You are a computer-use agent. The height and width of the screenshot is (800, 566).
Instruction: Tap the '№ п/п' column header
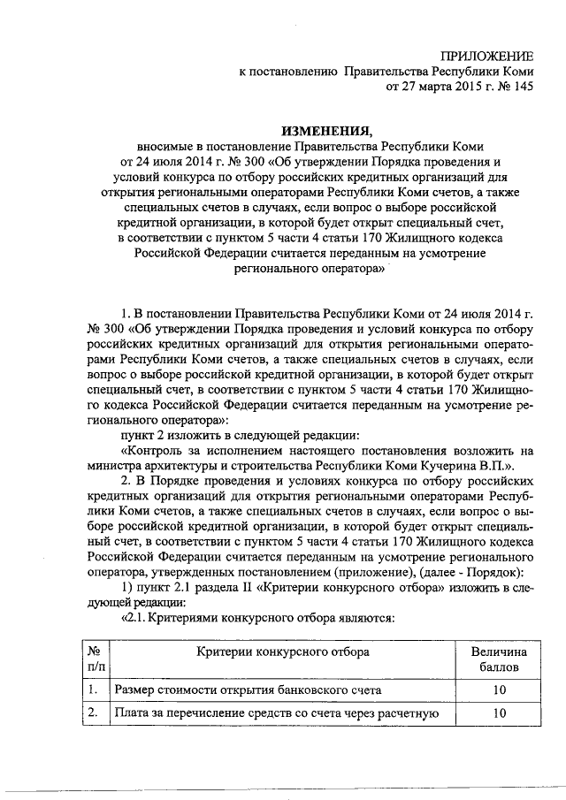[x=92, y=659]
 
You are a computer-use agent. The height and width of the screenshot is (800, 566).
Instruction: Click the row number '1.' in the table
[x=92, y=689]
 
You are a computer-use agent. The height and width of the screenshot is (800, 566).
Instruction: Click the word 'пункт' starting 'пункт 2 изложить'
[x=137, y=434]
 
